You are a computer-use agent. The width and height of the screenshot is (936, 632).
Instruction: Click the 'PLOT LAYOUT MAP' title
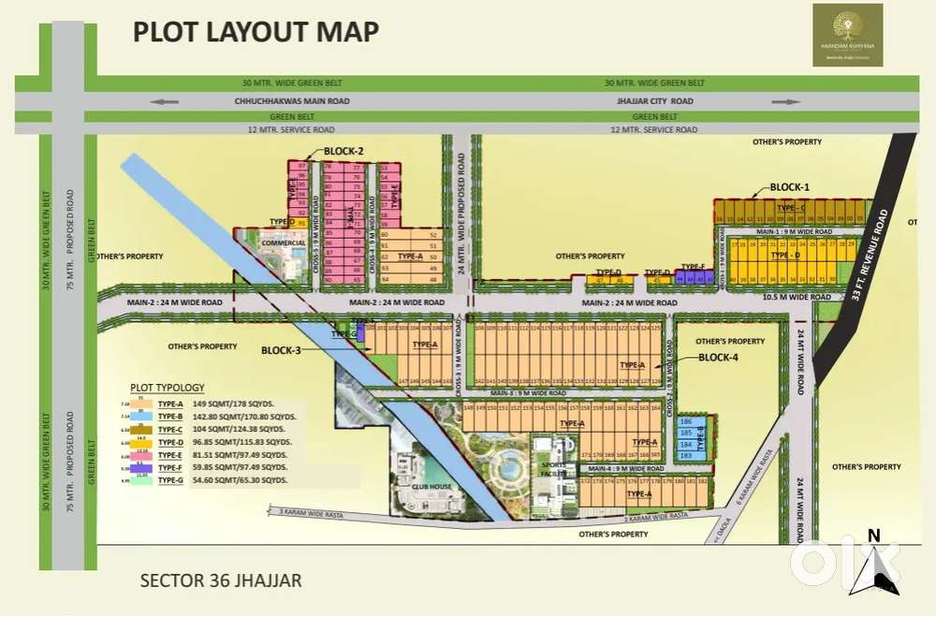[x=256, y=31]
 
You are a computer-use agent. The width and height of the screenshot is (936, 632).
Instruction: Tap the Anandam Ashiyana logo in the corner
[x=847, y=35]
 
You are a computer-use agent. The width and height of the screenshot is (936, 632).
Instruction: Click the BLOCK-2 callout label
[x=343, y=151]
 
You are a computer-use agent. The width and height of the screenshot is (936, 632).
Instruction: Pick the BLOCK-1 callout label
[x=789, y=187]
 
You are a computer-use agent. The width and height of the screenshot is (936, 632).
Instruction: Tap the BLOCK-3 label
[x=281, y=350]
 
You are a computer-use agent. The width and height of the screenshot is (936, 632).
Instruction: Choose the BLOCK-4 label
[x=719, y=358]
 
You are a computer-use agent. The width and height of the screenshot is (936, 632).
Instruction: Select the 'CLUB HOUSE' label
[x=427, y=486]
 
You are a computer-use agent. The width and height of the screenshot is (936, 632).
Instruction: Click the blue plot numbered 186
[x=685, y=422]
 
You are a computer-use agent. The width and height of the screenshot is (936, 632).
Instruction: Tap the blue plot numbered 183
[x=685, y=455]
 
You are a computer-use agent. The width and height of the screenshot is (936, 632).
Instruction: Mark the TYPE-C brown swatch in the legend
[x=140, y=427]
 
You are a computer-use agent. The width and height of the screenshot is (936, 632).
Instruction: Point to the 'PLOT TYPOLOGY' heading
[x=167, y=387]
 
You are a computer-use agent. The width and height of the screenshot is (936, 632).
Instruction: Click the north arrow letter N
[x=873, y=536]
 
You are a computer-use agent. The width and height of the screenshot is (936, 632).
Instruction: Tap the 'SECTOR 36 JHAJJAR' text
[x=221, y=581]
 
